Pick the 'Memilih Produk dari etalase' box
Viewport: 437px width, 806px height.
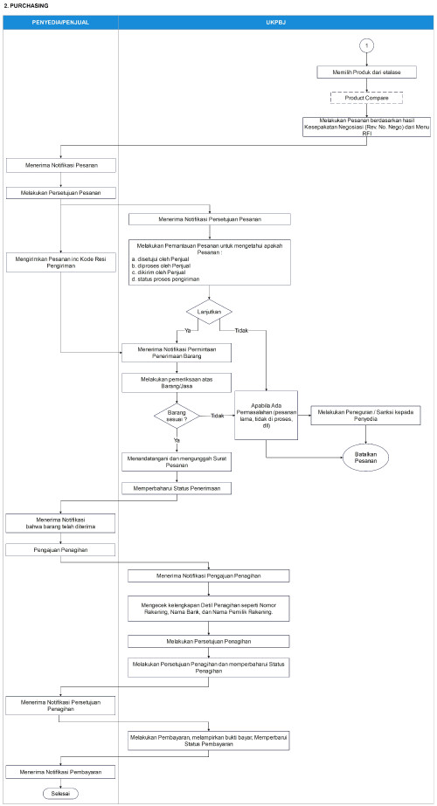[x=357, y=74]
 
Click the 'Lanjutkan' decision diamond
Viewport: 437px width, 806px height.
[x=208, y=311]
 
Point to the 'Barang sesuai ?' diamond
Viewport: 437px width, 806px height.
[x=178, y=416]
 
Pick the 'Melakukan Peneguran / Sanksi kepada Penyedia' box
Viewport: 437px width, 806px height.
[x=366, y=417]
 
